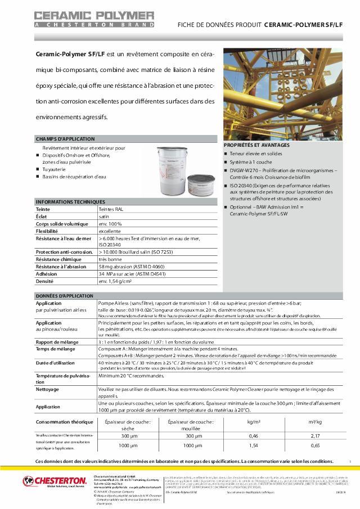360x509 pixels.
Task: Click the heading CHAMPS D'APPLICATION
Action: click(x=58, y=139)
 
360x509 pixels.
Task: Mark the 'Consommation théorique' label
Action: click(x=64, y=421)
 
